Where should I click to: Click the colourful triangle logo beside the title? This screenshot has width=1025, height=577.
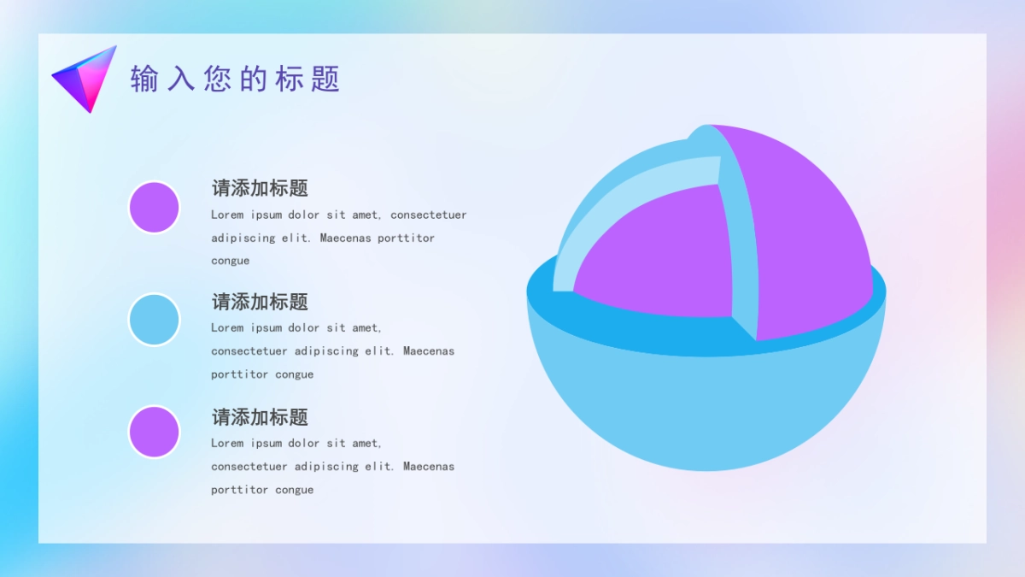pos(85,79)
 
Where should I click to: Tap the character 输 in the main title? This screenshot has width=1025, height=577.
pos(144,79)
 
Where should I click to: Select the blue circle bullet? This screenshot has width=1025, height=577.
pos(154,320)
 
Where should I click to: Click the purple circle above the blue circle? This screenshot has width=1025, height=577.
pos(154,207)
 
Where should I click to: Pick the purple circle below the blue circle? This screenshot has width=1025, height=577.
pos(154,432)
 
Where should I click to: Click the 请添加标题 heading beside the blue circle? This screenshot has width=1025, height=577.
pos(260,302)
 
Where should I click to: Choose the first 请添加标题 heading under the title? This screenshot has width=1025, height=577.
pos(260,188)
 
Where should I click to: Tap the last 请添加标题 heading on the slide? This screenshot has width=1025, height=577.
pos(260,417)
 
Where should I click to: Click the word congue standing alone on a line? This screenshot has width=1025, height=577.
pos(231,261)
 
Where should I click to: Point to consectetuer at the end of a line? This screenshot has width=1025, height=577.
pos(429,215)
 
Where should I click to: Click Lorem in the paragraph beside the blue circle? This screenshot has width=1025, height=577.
pos(227,327)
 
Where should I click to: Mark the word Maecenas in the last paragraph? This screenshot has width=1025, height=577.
pos(429,466)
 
